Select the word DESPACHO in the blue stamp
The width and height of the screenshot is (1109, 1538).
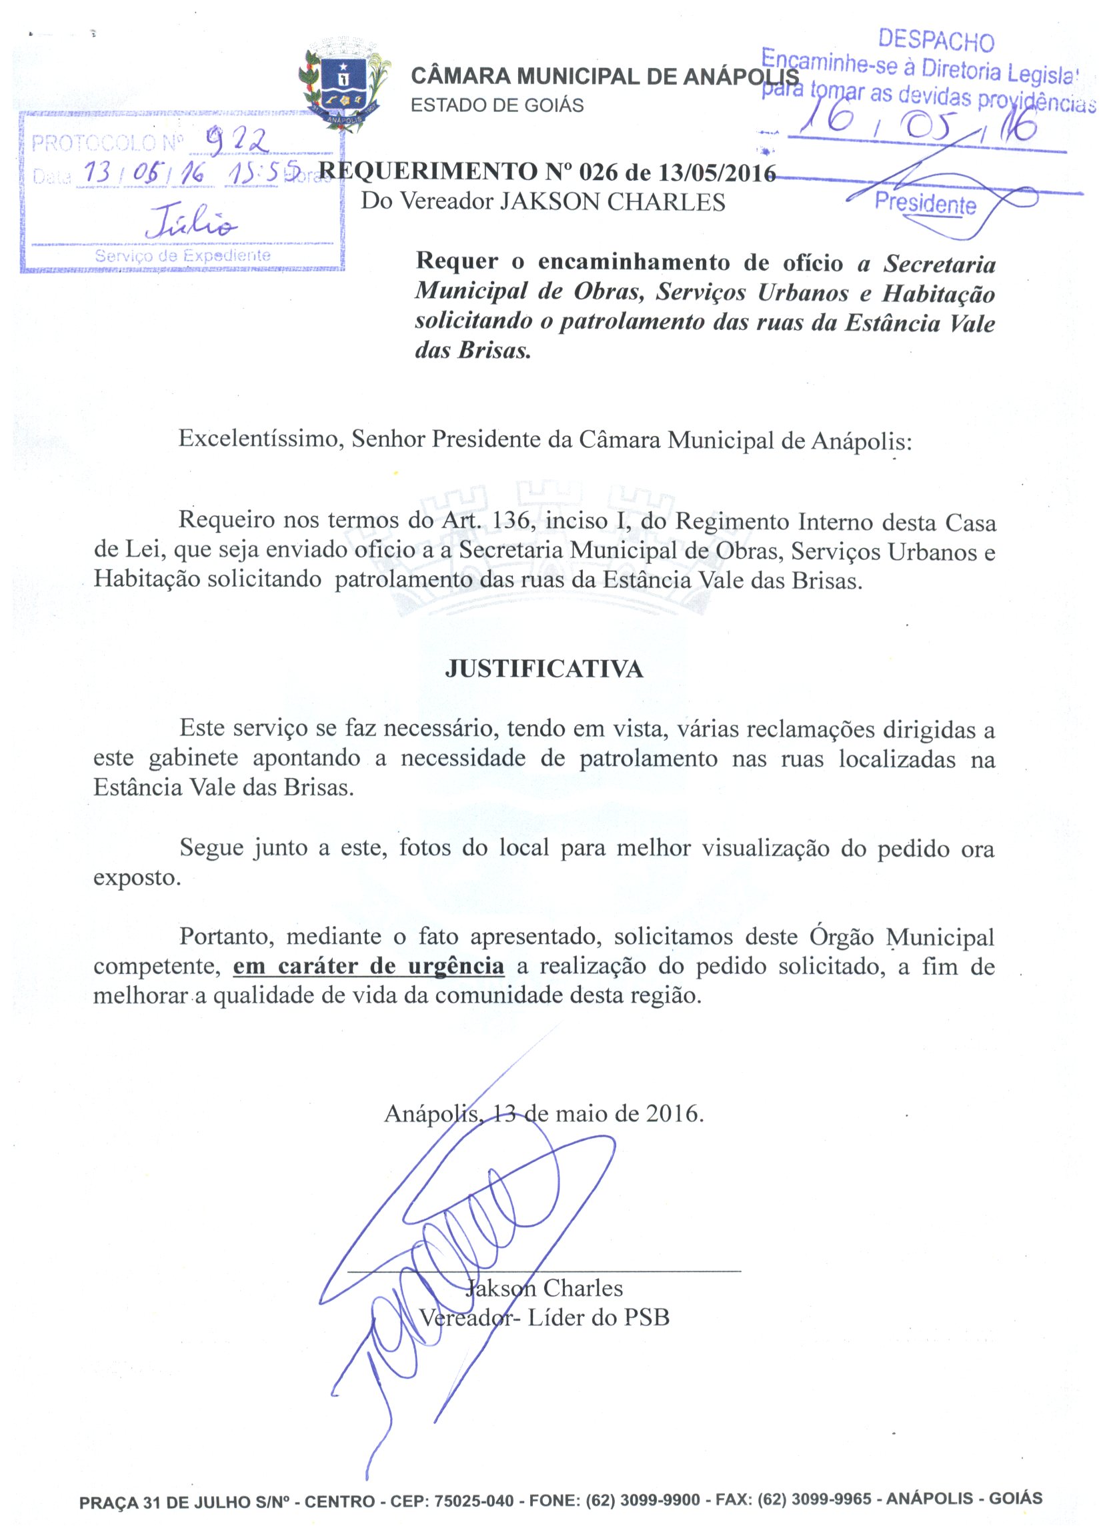tap(936, 41)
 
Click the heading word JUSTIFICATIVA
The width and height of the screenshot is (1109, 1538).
tap(544, 669)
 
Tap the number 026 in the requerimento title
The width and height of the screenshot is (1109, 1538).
tap(596, 173)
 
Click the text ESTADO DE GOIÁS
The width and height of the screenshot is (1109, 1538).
tap(497, 106)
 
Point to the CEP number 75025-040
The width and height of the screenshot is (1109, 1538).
tap(473, 1500)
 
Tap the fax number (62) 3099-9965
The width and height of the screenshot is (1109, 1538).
tap(814, 1499)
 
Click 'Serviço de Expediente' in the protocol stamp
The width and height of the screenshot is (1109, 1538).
tap(183, 255)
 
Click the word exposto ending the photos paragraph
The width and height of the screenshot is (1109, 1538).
tap(137, 877)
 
